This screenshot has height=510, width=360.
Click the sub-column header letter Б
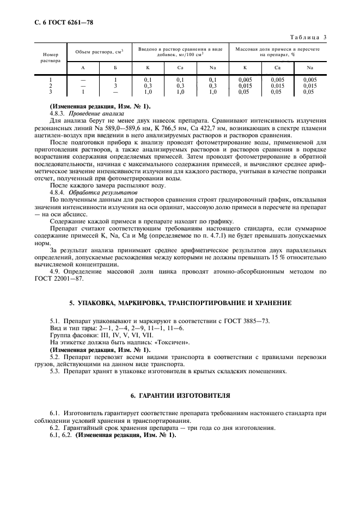tap(115, 68)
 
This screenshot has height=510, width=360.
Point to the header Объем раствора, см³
tap(99, 51)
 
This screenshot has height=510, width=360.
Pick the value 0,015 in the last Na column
tap(309, 86)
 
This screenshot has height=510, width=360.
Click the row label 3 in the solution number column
tap(50, 92)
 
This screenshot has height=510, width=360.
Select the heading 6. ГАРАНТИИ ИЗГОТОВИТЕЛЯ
tap(180, 395)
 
